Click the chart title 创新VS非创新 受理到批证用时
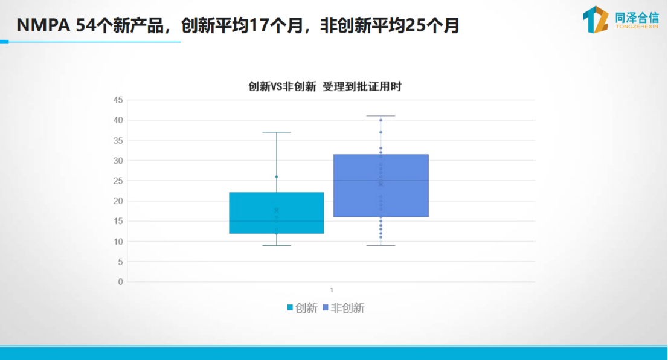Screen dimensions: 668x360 [x=324, y=86]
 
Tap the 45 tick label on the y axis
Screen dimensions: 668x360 [x=118, y=100]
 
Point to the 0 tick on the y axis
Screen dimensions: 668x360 [x=121, y=282]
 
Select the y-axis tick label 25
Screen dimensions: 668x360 [x=118, y=181]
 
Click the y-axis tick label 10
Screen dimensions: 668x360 [x=118, y=242]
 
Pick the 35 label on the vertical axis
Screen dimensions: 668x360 [x=118, y=141]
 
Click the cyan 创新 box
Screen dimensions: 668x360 [x=277, y=213]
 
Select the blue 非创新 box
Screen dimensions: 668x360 [x=381, y=186]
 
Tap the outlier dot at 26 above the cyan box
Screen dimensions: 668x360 [x=277, y=177]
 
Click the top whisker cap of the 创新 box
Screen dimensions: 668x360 [x=277, y=132]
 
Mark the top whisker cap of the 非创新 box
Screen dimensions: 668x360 [x=381, y=116]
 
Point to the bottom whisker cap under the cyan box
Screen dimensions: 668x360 [x=277, y=245]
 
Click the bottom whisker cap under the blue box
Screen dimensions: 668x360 [x=381, y=245]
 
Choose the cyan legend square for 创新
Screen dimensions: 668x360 [x=290, y=307]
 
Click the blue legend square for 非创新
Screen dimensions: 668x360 [x=326, y=307]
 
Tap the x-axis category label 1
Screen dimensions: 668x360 [x=332, y=290]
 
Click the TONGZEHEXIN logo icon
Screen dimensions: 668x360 [x=596, y=19]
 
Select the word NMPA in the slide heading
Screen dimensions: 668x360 [x=43, y=25]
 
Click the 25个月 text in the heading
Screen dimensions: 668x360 [x=432, y=25]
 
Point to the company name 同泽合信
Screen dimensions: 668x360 [x=637, y=18]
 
